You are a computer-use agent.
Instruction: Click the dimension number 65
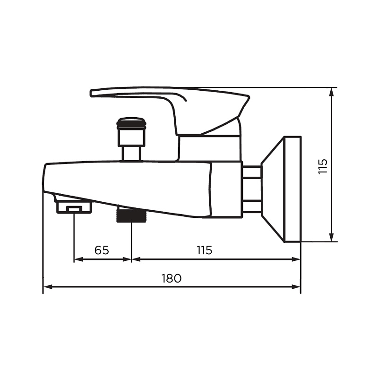tap(102, 250)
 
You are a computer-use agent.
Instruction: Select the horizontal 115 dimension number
tap(204, 250)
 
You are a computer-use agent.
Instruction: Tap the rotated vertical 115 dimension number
tap(323, 166)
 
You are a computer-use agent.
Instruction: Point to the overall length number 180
tap(171, 278)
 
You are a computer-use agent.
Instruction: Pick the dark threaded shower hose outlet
tap(130, 215)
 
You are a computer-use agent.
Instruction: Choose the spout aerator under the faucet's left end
tap(74, 207)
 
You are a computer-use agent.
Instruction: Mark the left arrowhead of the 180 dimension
tap(47, 286)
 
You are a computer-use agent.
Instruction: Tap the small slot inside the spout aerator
tap(74, 208)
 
